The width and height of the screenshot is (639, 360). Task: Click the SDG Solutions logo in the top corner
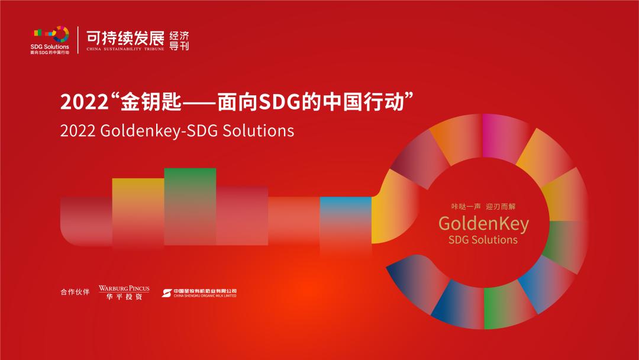(50, 40)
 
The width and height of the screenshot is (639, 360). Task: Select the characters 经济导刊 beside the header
(179, 40)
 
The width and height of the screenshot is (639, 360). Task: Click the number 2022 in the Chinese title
(83, 102)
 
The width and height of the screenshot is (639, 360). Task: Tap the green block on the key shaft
(190, 201)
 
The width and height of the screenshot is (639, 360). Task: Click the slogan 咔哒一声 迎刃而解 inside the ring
(483, 207)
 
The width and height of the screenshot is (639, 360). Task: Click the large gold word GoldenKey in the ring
(483, 223)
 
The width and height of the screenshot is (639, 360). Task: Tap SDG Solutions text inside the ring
(483, 240)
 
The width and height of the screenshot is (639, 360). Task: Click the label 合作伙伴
(75, 292)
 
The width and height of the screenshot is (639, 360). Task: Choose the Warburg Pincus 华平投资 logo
(124, 292)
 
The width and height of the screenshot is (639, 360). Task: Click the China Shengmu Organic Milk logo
(199, 292)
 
